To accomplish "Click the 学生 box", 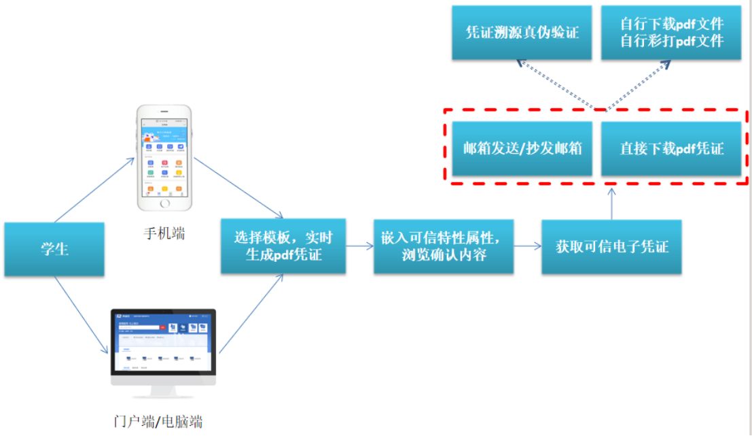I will click(54, 249).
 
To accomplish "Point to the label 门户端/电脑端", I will click(158, 422).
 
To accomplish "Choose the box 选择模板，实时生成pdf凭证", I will click(283, 246).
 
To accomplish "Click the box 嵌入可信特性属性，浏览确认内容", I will click(443, 246).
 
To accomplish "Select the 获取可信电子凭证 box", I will click(611, 247).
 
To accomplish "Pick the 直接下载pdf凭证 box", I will click(671, 148).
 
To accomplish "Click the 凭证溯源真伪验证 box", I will click(522, 32).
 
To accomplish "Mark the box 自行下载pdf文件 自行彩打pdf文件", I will click(671, 32).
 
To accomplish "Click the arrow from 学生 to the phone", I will click(95, 190).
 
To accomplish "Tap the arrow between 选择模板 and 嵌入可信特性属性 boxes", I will click(359, 247).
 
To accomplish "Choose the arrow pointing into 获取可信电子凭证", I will click(527, 247).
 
